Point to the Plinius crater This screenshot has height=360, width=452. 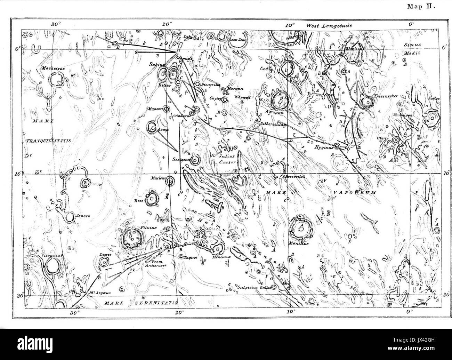coord(132,238)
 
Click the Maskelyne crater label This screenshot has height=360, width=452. coord(52,69)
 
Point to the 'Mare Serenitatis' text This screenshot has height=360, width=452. coord(141,303)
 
